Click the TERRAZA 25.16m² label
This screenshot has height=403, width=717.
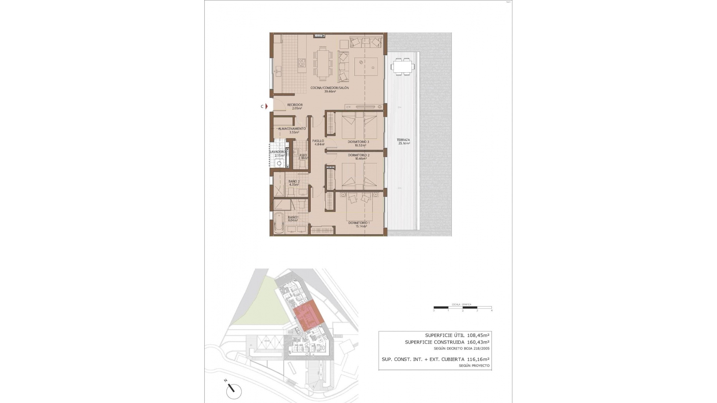[x=404, y=141]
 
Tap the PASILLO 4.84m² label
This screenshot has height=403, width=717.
[x=318, y=143]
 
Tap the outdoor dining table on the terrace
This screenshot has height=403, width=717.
[x=403, y=67]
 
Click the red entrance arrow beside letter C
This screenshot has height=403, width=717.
[x=266, y=106]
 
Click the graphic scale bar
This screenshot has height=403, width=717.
[x=463, y=307]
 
